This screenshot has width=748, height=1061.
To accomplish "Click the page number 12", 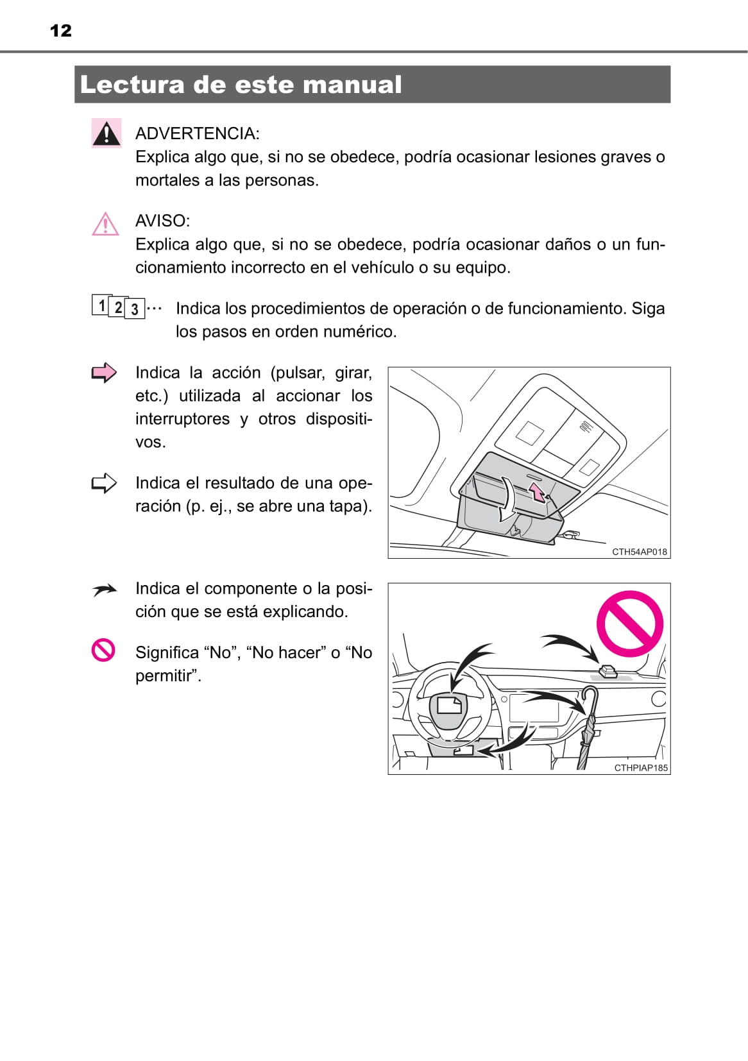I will [x=61, y=30].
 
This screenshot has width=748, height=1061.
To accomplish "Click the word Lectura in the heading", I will [x=132, y=85].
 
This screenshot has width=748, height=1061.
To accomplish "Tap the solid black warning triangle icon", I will [x=106, y=133].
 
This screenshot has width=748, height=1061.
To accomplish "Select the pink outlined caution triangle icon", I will [x=105, y=224].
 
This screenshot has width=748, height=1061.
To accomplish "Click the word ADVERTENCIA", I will [x=197, y=133].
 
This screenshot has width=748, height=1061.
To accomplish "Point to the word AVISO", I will [x=162, y=221].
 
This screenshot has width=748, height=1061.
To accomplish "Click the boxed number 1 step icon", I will [x=101, y=305].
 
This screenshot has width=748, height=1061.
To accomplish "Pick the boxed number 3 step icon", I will [x=135, y=309].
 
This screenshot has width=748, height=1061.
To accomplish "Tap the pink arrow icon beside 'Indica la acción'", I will [x=104, y=373].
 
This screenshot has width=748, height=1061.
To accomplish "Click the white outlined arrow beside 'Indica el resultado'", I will [x=104, y=483].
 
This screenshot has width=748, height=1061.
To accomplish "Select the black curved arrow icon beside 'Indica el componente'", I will [x=104, y=590].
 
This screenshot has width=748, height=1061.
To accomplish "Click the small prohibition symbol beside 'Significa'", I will [x=103, y=650].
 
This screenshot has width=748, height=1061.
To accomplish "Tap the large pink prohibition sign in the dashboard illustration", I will [x=629, y=624].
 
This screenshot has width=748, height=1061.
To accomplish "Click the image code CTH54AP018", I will [x=639, y=552].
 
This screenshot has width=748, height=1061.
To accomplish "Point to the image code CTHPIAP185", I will [x=640, y=768].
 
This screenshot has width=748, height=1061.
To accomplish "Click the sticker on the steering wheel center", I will [x=449, y=705].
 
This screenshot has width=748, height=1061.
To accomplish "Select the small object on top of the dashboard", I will [x=607, y=672].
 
